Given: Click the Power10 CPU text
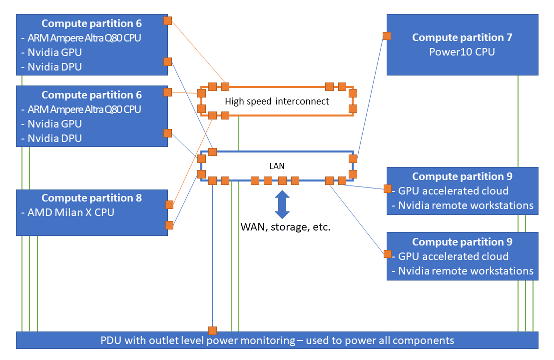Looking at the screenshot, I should (x=462, y=51).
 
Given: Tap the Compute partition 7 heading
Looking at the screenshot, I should (x=462, y=37).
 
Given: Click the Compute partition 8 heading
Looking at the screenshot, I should (x=91, y=198).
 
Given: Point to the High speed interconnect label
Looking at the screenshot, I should (x=277, y=101).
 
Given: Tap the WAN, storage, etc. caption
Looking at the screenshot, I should (x=286, y=226).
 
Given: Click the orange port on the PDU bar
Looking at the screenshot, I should (x=213, y=330).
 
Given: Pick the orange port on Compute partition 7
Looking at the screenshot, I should (x=387, y=36).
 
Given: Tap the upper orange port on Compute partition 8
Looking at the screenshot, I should (x=169, y=204).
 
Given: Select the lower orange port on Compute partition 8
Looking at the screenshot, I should (x=169, y=224).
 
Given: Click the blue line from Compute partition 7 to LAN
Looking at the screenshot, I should (x=370, y=97).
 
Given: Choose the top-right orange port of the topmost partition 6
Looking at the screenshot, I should (x=168, y=21).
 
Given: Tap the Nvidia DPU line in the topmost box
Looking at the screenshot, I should (x=54, y=66).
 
